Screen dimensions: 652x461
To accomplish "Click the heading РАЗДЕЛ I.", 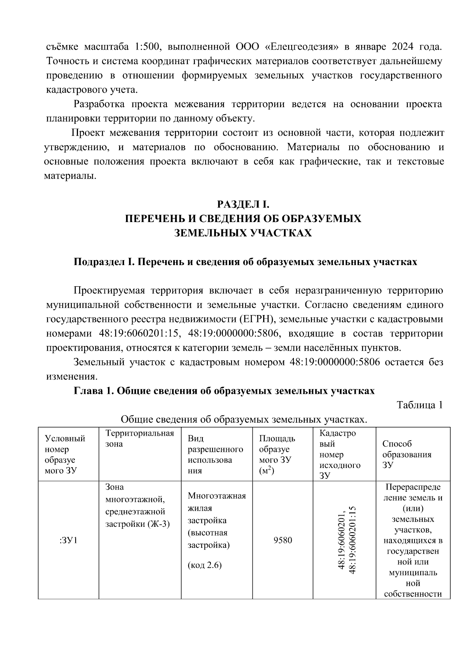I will pyautogui.click(x=244, y=204).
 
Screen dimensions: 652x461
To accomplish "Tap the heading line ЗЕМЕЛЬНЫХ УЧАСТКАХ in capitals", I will pyautogui.click(x=243, y=233).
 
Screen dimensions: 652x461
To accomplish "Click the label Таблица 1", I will pyautogui.click(x=420, y=405).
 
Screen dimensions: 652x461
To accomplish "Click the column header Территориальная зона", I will pyautogui.click(x=139, y=438).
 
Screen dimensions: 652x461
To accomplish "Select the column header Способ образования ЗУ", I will pyautogui.click(x=406, y=455).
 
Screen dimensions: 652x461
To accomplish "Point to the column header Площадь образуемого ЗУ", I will pyautogui.click(x=277, y=455).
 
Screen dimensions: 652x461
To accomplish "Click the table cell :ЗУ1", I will pyautogui.click(x=69, y=541).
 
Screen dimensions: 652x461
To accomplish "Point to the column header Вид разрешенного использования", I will pyautogui.click(x=215, y=455).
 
